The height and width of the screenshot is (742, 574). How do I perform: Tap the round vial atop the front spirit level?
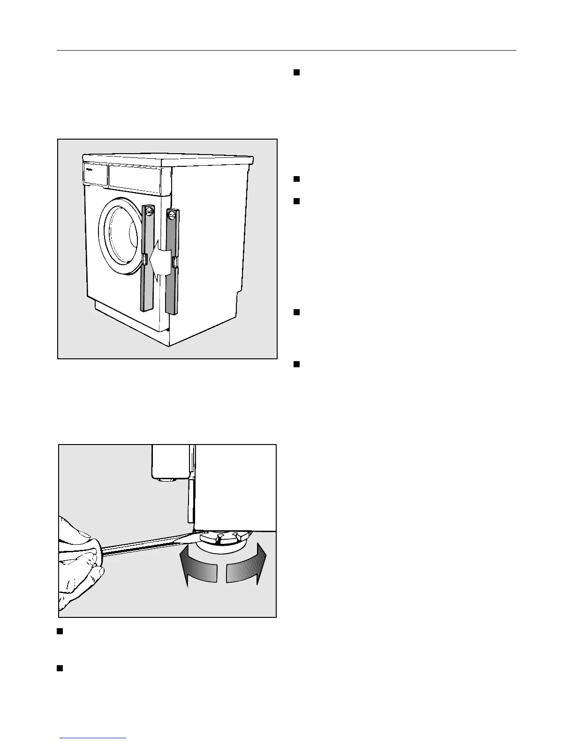point(149,212)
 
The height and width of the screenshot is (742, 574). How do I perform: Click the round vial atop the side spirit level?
point(172,215)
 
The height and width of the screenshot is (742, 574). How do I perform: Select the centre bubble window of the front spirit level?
point(145,258)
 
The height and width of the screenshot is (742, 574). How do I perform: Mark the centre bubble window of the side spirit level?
point(175,262)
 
